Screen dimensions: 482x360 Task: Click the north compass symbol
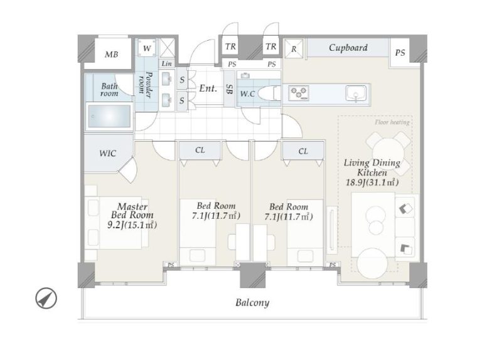click(46, 298)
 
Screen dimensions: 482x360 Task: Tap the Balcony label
click(252, 303)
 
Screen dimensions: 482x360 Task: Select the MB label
click(111, 55)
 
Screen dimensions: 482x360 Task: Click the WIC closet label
click(107, 153)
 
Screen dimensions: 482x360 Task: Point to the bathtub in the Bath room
click(109, 116)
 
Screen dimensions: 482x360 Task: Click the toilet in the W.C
click(269, 93)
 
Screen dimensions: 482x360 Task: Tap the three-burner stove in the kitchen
click(299, 93)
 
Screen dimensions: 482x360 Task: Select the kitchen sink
click(356, 93)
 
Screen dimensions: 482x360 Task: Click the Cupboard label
click(348, 48)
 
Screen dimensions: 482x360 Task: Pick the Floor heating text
click(392, 122)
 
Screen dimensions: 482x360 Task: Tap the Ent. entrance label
click(208, 88)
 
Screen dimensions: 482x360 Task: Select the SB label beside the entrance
click(229, 89)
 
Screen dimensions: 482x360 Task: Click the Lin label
click(166, 63)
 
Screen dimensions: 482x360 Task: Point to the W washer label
click(147, 48)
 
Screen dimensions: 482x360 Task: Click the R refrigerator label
click(294, 49)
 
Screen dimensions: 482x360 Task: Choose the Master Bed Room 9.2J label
click(132, 216)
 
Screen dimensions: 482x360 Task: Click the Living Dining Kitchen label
click(372, 172)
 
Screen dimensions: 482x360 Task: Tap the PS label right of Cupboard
click(400, 53)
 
